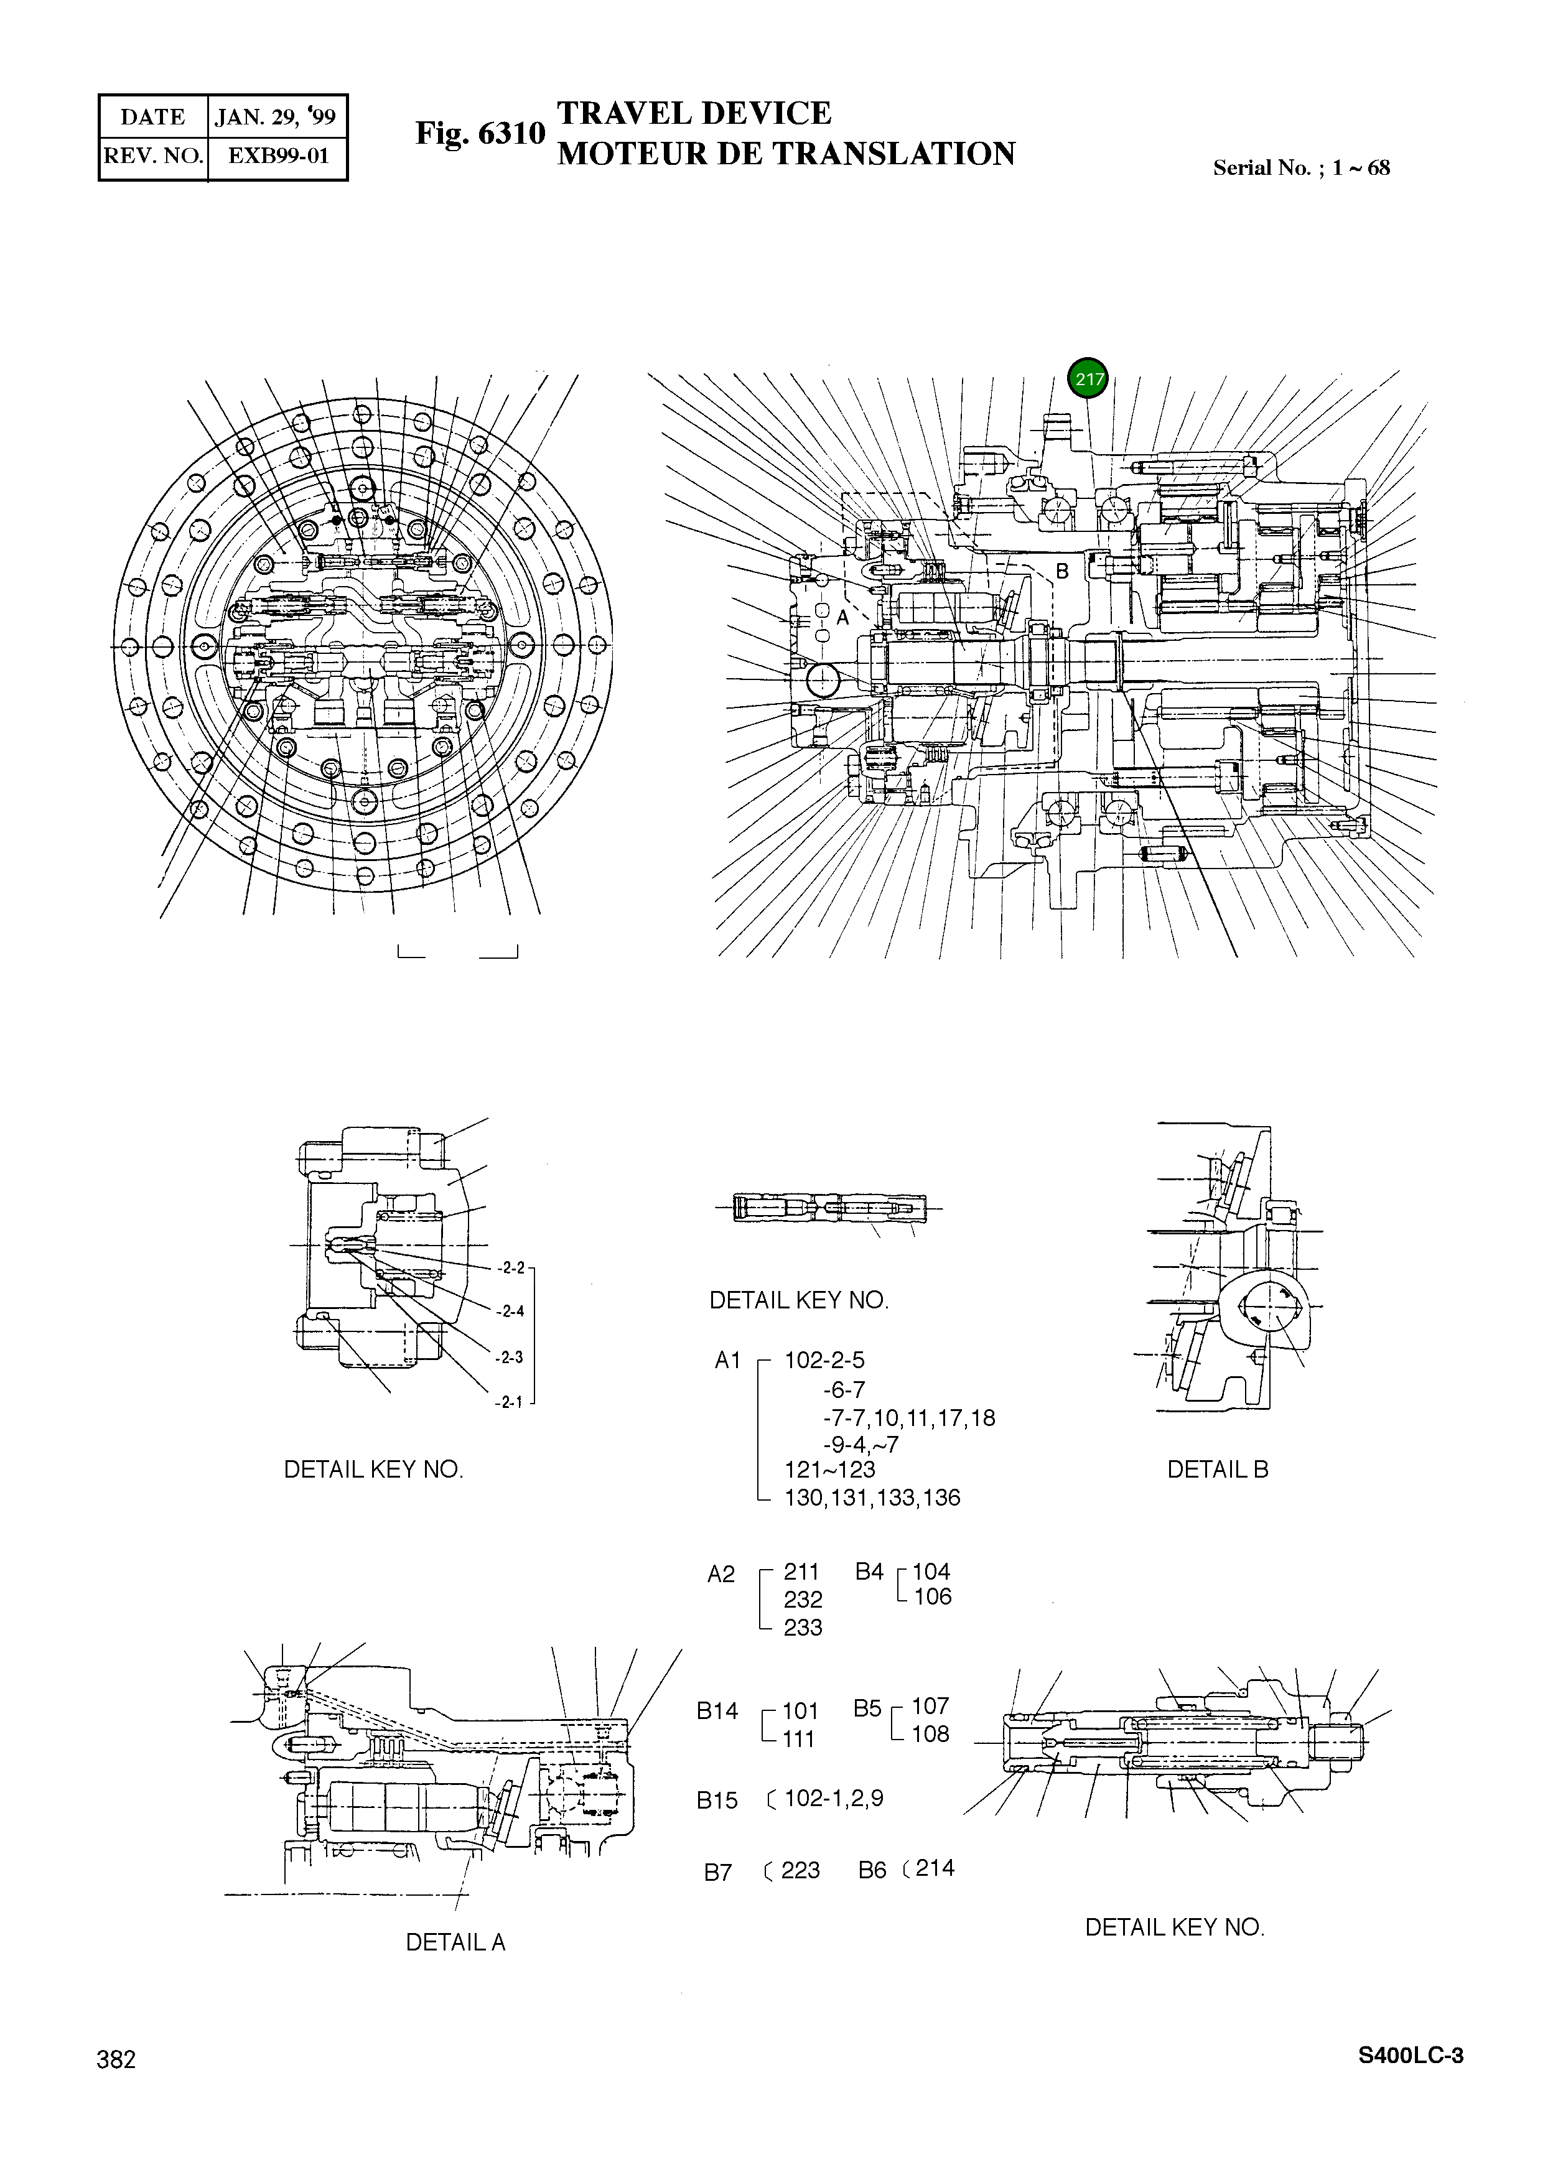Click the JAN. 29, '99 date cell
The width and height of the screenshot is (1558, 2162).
coord(276,117)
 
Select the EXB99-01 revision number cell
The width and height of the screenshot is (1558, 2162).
coord(278,156)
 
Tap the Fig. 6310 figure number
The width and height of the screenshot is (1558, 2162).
coord(480,134)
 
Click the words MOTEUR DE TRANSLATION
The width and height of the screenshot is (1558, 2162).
coord(786,154)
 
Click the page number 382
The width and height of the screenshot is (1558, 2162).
coord(116,2059)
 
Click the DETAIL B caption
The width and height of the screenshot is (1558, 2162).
coord(1218,1469)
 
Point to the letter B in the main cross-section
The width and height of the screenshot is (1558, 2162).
coord(1062,571)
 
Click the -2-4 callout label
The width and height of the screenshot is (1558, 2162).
coord(510,1311)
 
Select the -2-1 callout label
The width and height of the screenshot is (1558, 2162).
coord(509,1402)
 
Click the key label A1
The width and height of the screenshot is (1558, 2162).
coord(727,1360)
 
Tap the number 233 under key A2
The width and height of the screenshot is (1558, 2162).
coord(803,1627)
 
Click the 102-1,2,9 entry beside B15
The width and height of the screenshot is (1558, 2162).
coord(833,1798)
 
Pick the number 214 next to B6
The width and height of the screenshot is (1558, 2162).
coord(935,1868)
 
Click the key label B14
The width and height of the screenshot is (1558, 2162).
coord(717,1710)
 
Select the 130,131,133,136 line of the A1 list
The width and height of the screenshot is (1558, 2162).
coord(872,1498)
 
